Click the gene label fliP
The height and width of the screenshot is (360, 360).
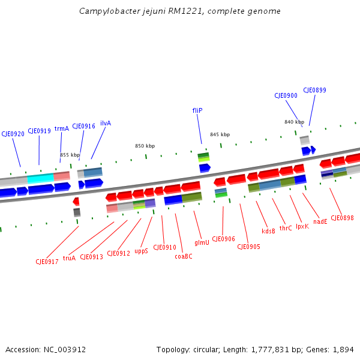(197, 110)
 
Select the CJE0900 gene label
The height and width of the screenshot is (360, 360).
(286, 95)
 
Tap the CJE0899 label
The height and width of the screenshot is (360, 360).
(314, 90)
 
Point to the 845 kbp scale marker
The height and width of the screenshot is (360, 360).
(220, 134)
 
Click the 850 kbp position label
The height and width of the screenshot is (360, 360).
(145, 146)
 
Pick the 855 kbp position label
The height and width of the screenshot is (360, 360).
(70, 155)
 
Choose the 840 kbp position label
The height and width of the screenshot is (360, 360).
(294, 122)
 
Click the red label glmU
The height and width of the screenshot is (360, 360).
(202, 242)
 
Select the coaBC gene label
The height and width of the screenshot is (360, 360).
(183, 256)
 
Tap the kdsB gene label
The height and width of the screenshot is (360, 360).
(268, 231)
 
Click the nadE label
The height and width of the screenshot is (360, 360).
(320, 221)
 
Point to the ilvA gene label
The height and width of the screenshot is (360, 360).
(106, 123)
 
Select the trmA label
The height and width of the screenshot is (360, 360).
(62, 128)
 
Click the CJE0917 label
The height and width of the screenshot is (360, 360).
(46, 262)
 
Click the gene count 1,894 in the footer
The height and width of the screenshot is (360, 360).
(344, 349)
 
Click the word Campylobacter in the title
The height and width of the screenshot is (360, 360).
(107, 11)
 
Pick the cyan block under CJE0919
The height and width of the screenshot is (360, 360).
(40, 178)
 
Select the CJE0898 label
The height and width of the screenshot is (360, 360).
(342, 218)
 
